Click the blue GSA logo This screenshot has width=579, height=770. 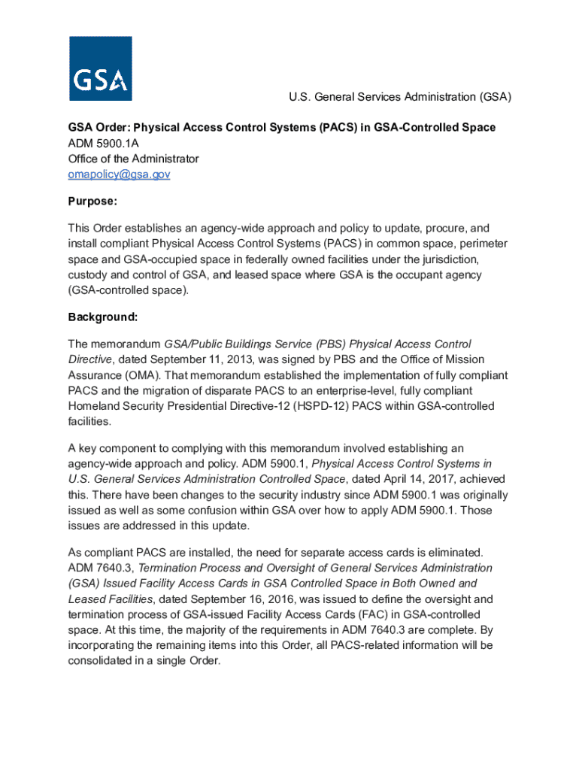(x=100, y=68)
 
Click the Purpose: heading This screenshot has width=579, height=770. (x=92, y=202)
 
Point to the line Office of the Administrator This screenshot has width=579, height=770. (x=133, y=159)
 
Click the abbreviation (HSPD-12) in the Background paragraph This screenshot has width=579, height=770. (x=345, y=406)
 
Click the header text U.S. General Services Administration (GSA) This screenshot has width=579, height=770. (x=401, y=97)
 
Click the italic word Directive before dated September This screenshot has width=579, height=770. (x=90, y=359)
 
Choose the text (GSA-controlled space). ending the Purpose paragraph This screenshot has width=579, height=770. (x=129, y=290)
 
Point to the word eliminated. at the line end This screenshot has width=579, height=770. (x=466, y=553)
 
